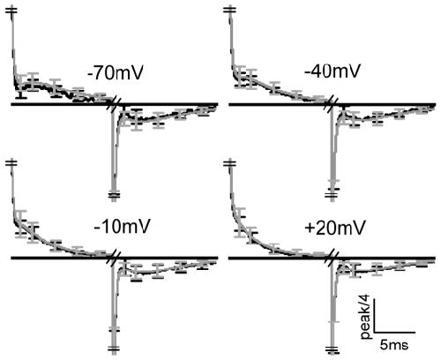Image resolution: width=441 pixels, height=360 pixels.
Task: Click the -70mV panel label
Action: pos(115,72)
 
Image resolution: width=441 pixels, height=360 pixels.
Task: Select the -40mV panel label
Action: pos(332,71)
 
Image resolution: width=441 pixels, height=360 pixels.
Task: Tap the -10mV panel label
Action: pos(122,227)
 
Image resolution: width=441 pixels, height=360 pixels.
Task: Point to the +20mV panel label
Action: pos(335,228)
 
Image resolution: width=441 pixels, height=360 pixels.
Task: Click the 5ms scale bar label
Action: pos(394,344)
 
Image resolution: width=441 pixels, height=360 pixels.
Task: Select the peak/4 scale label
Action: pos(366,318)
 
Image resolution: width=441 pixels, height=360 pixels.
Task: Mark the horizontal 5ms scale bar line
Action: pos(394,333)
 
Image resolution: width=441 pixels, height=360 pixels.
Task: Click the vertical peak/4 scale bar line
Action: pos(374,316)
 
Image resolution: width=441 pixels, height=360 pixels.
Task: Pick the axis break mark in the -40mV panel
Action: pos(332,104)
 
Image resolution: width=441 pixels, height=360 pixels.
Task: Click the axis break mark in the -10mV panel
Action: pos(114,259)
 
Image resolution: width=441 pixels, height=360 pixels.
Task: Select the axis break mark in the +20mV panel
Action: pos(332,259)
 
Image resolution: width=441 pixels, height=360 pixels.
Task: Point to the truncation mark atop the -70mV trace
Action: pos(11,10)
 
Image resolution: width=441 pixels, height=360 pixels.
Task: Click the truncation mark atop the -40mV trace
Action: pos(229,10)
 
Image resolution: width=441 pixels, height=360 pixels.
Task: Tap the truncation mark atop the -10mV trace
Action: pos(11,162)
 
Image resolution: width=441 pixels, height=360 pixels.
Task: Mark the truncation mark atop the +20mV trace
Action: pos(229,162)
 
